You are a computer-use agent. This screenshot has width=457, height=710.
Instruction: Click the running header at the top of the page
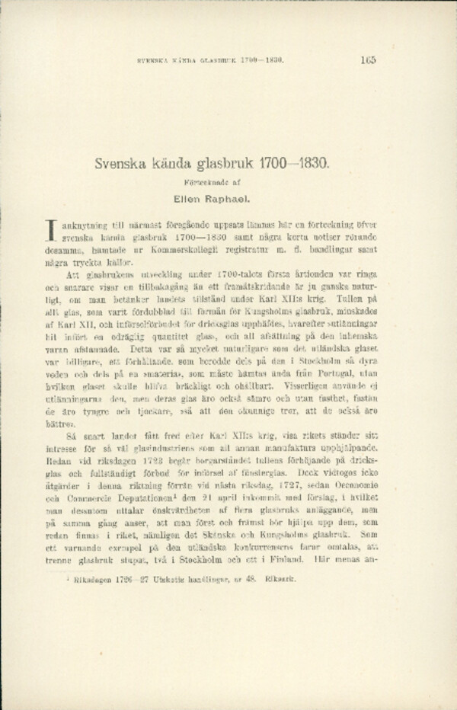point(209,60)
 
